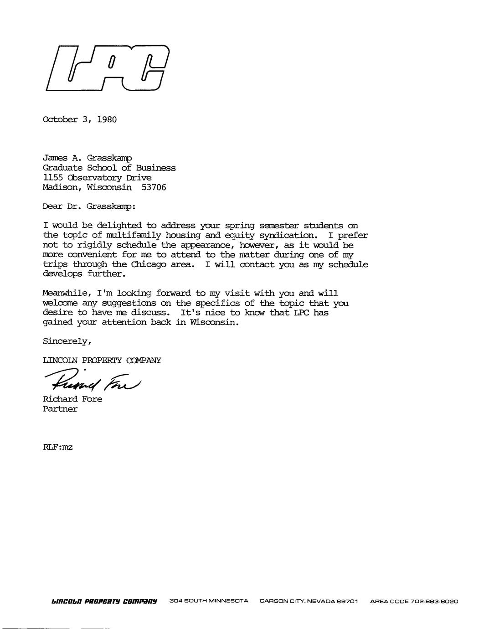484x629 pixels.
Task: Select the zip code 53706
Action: pos(154,187)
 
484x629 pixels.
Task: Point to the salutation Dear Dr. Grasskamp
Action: pos(89,206)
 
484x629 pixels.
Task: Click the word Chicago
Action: pos(148,264)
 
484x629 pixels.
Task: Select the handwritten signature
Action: pos(93,379)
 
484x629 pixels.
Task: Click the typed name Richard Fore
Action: pos(72,399)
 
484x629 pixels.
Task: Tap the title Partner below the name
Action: pos(60,409)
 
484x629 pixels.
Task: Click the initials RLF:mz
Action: pos(57,447)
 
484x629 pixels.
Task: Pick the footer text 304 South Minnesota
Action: pos(209,601)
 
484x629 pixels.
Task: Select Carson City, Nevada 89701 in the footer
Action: pos(309,601)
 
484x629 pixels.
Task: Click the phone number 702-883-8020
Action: pos(434,601)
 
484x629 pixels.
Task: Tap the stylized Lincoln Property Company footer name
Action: pos(105,601)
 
